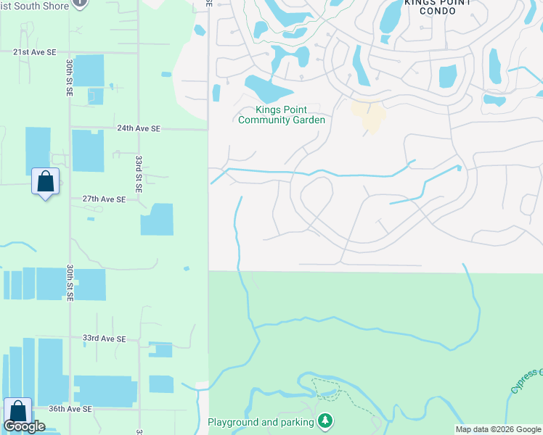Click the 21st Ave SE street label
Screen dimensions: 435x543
point(34,52)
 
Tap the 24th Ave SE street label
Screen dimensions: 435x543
point(139,128)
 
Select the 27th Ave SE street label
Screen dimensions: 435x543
point(104,199)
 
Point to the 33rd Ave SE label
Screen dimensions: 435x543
point(104,339)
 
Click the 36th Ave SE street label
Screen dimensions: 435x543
point(70,409)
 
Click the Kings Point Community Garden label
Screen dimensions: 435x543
point(282,115)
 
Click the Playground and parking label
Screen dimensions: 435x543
point(261,422)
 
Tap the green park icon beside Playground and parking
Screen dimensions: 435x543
point(326,421)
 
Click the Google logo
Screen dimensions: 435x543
point(24,426)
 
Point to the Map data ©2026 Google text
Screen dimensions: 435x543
point(497,429)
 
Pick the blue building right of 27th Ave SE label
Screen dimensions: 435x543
point(157,219)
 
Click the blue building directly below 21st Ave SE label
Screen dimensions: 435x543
point(89,70)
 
